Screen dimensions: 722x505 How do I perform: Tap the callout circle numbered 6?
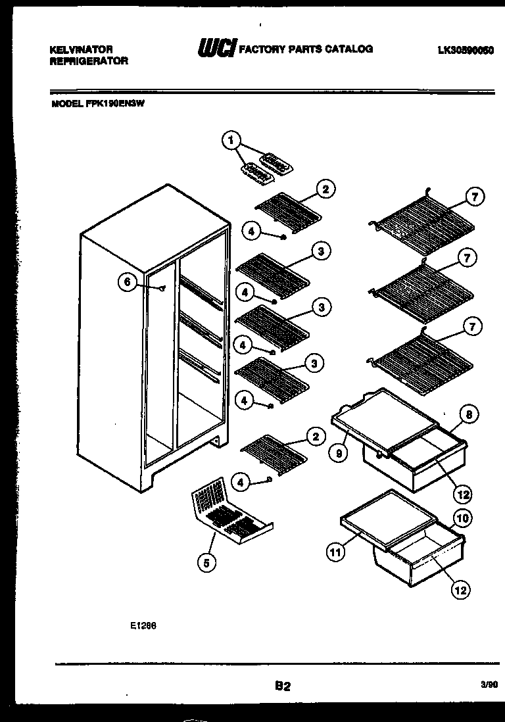128,282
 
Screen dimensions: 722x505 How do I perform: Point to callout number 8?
468,414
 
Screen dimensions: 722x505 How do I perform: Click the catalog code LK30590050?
465,49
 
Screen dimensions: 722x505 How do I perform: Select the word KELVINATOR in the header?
82,49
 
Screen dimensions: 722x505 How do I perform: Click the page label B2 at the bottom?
282,686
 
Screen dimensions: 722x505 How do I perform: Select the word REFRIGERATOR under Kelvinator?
89,61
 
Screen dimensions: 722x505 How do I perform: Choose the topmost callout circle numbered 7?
475,196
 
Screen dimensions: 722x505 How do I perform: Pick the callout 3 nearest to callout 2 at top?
320,251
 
